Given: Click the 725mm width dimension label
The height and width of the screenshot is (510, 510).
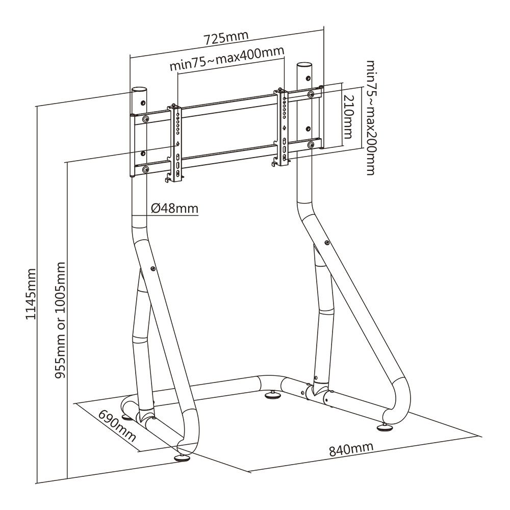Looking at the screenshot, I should [226, 38].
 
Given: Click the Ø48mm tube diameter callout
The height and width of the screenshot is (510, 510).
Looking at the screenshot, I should [174, 208].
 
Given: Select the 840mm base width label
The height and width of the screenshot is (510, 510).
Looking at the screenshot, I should [351, 449].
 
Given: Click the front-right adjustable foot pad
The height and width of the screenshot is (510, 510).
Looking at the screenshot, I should [386, 427].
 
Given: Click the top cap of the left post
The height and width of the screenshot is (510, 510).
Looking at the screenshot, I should [139, 89].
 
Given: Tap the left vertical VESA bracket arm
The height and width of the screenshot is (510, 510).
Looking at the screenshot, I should [176, 143].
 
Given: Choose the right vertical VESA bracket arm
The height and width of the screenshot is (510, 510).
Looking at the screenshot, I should [283, 127].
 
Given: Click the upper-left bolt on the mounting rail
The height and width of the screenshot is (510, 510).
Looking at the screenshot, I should [146, 119].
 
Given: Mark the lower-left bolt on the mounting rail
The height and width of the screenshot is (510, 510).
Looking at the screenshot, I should [146, 169].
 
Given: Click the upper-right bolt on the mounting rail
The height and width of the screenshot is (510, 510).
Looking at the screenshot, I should [311, 94].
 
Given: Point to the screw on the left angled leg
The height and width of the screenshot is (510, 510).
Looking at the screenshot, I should [154, 267].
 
